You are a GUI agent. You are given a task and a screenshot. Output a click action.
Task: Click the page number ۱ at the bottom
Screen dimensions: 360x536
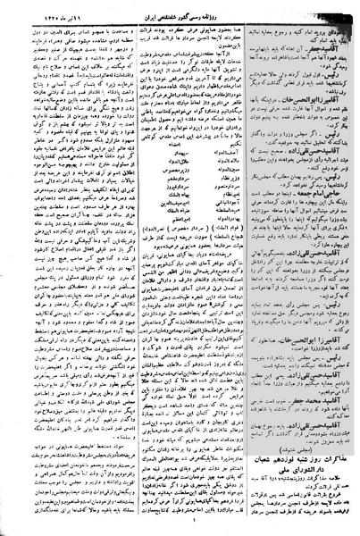pos(179,527)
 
